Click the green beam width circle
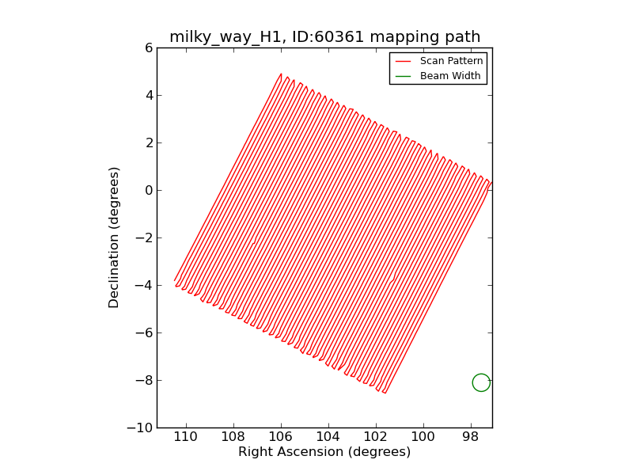pyautogui.click(x=481, y=382)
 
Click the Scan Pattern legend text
pyautogui.click(x=450, y=61)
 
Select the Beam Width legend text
pyautogui.click(x=450, y=76)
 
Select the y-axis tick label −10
pyautogui.click(x=140, y=427)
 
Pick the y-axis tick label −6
pyautogui.click(x=143, y=332)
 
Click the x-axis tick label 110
pyautogui.click(x=185, y=437)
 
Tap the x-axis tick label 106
pyautogui.click(x=280, y=437)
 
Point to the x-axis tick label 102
pyautogui.click(x=375, y=437)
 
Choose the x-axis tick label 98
pyautogui.click(x=471, y=437)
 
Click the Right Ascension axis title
pyautogui.click(x=324, y=452)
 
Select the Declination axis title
pyautogui.click(x=115, y=237)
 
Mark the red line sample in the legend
pyautogui.click(x=403, y=61)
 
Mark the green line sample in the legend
pyautogui.click(x=403, y=76)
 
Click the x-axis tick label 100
pyautogui.click(x=423, y=437)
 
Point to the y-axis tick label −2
pyautogui.click(x=143, y=237)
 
